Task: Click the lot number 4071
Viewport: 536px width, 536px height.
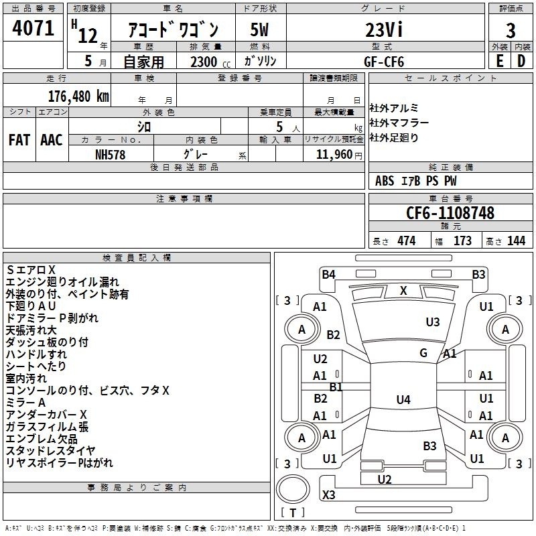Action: [33, 28]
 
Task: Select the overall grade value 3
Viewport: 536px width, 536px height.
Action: [511, 31]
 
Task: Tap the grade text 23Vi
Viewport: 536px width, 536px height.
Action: [384, 29]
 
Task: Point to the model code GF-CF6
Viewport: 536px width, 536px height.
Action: [384, 62]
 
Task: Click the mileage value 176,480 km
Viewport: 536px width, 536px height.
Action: [78, 96]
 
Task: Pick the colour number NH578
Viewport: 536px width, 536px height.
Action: [110, 155]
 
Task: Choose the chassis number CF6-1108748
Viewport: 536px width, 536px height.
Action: [450, 212]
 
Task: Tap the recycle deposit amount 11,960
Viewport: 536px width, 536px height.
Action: [334, 155]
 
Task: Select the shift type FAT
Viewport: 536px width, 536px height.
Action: [19, 140]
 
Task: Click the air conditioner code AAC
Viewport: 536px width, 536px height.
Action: [52, 140]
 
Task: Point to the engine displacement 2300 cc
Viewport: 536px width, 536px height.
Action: [210, 62]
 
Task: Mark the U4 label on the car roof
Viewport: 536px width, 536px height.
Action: [403, 399]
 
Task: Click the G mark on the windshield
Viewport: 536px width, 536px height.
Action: [423, 352]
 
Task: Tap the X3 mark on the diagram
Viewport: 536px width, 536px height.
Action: [328, 494]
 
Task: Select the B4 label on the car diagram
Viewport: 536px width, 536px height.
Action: [328, 274]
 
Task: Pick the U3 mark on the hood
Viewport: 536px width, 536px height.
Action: [433, 322]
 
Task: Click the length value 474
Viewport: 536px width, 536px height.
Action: [407, 241]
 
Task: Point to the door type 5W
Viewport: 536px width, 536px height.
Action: [259, 29]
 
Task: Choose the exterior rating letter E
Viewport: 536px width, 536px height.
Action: [500, 61]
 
